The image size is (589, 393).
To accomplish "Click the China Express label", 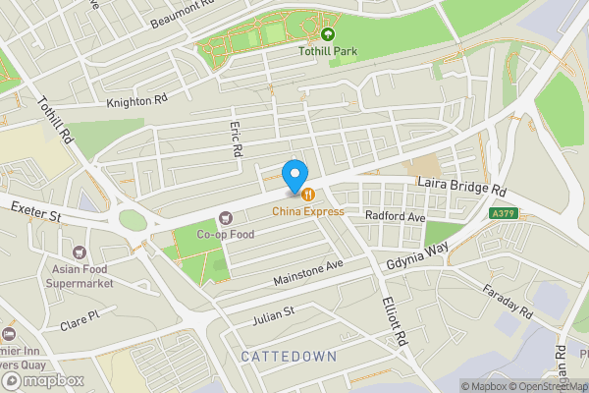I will click(308, 211).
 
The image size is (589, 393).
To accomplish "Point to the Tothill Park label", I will click(328, 52).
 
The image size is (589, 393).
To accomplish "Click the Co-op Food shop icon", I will click(226, 217).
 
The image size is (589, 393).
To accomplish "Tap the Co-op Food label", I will click(226, 235).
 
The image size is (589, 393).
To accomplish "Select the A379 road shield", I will click(504, 213).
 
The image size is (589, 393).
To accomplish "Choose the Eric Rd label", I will click(236, 141).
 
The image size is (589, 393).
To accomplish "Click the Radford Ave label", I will click(394, 216).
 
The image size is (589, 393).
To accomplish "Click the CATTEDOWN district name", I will click(288, 356).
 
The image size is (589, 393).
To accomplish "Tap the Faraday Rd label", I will click(507, 303).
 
